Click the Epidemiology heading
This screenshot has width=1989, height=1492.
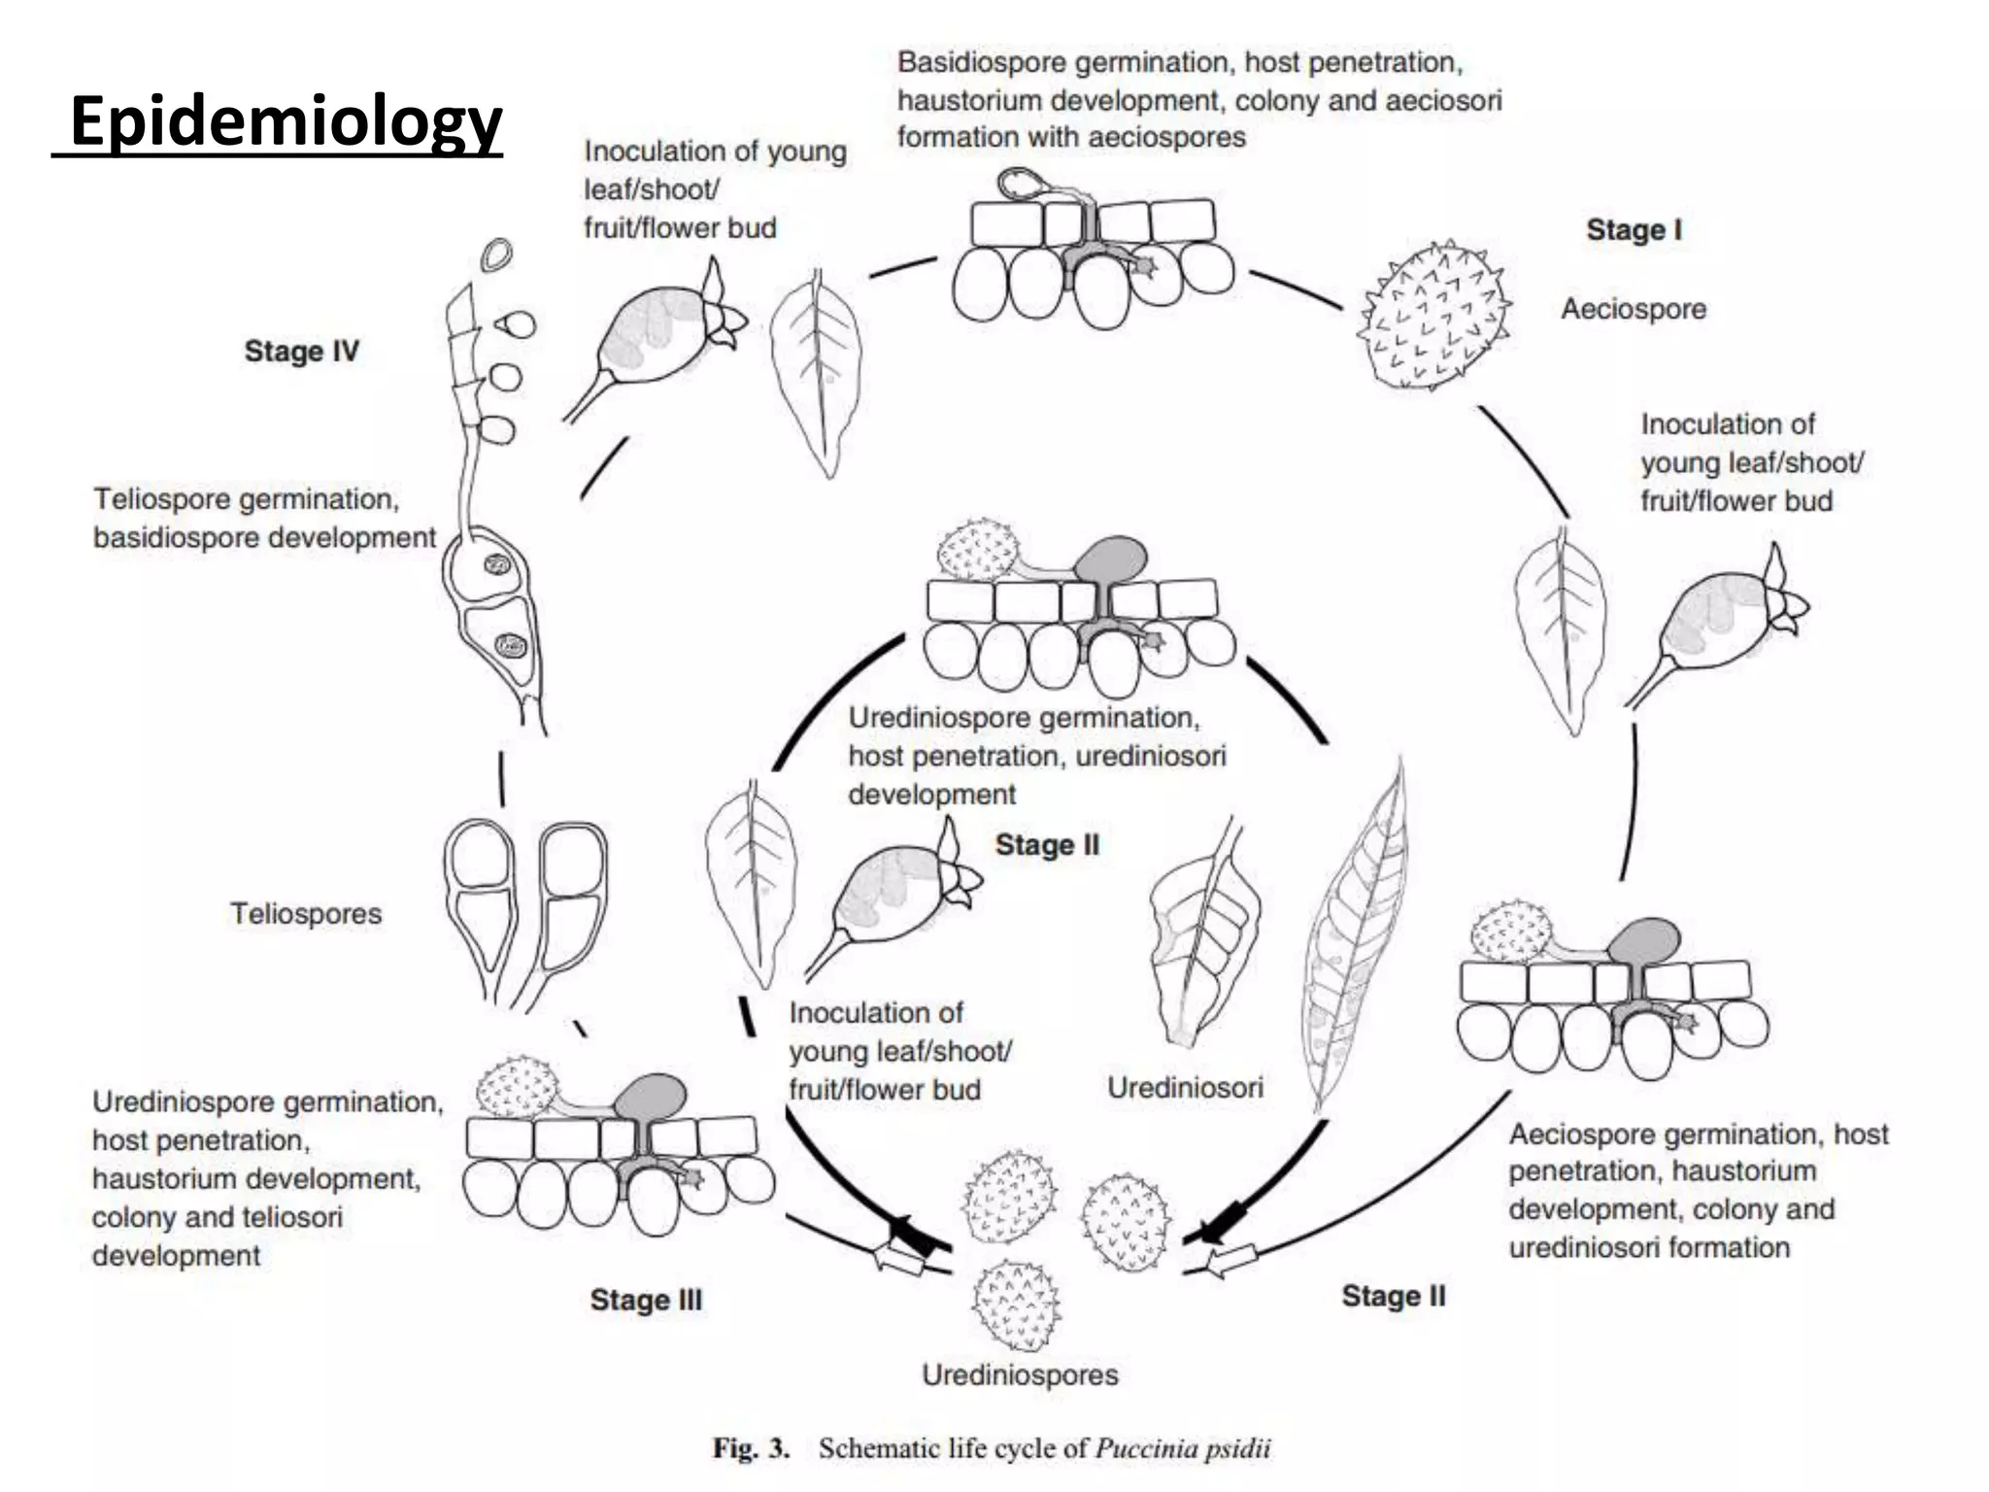[286, 121]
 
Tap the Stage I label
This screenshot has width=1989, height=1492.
[1634, 230]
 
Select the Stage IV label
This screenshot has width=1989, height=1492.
[301, 351]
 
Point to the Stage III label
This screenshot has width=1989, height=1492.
[646, 1300]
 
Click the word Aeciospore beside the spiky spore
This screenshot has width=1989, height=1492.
[1634, 309]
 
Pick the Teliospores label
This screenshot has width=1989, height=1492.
[306, 913]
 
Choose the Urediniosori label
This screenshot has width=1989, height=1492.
[1185, 1087]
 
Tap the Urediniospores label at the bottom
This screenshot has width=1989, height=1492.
[1020, 1374]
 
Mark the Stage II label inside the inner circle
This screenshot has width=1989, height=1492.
[1047, 845]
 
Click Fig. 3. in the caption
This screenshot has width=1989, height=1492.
[751, 1448]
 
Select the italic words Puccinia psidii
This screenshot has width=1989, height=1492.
[1182, 1448]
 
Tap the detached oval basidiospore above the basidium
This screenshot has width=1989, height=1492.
[497, 255]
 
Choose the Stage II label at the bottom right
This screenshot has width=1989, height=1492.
[1393, 1296]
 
